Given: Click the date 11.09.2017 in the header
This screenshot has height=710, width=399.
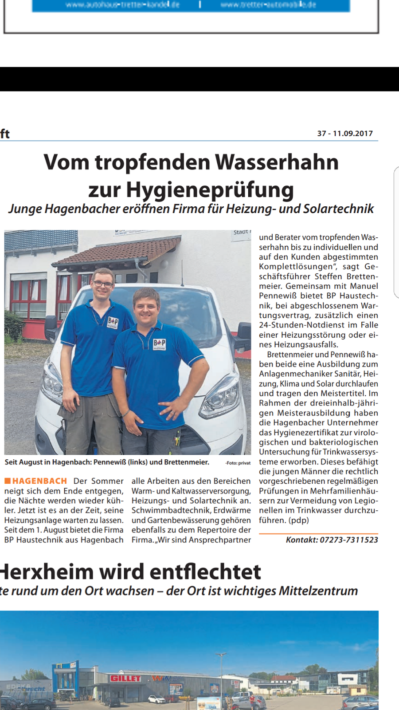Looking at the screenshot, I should click(x=353, y=134).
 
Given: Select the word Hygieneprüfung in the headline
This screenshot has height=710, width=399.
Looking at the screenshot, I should click(x=210, y=189).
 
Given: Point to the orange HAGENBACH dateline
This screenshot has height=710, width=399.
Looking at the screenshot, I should click(x=39, y=481).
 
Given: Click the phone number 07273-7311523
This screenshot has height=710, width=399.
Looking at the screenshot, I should click(x=349, y=540).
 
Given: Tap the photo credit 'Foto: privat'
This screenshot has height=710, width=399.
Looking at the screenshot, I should click(x=238, y=463).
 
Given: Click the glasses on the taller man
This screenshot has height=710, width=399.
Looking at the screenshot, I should click(x=103, y=284).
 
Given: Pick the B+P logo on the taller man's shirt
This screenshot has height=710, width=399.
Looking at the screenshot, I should click(x=113, y=323).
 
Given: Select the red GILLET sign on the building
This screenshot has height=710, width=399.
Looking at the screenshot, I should click(x=125, y=678).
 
